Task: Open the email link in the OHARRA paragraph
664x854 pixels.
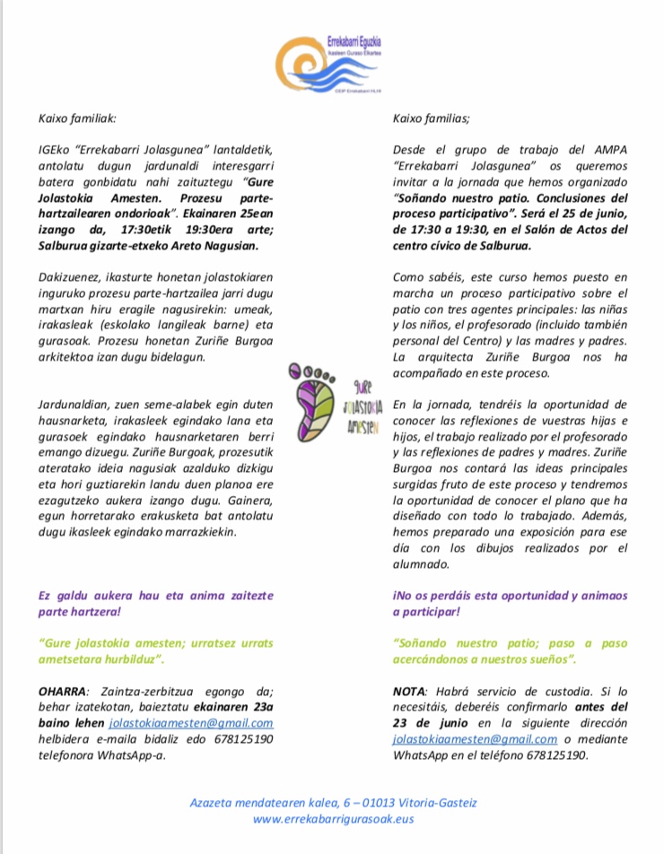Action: (x=191, y=723)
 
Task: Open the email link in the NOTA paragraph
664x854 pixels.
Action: (x=476, y=739)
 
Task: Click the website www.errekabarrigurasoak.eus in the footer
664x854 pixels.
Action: (x=333, y=818)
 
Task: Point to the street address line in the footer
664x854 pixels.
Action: (x=333, y=802)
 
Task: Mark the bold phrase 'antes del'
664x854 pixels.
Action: (x=599, y=706)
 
